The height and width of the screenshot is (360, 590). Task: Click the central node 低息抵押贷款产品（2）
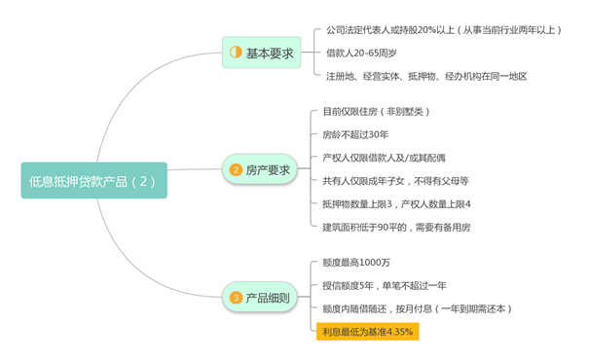pyautogui.click(x=92, y=180)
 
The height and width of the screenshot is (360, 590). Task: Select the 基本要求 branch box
pyautogui.click(x=261, y=53)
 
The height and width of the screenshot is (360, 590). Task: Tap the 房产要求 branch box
pyautogui.click(x=261, y=170)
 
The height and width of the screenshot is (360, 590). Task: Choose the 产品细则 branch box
pyautogui.click(x=260, y=298)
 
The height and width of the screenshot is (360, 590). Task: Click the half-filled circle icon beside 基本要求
pyautogui.click(x=236, y=53)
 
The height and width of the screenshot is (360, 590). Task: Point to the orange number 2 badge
pyautogui.click(x=236, y=170)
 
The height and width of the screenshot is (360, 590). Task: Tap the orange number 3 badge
pyautogui.click(x=236, y=298)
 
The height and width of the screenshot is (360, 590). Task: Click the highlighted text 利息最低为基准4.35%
pyautogui.click(x=368, y=332)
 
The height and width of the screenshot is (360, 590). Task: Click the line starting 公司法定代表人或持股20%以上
pyautogui.click(x=443, y=30)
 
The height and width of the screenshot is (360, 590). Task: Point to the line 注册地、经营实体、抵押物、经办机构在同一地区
pyautogui.click(x=425, y=75)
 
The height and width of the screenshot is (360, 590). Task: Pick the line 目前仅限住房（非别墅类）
pyautogui.click(x=375, y=111)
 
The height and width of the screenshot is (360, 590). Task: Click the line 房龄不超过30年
pyautogui.click(x=355, y=134)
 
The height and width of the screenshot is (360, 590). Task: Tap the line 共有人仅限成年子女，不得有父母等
pyautogui.click(x=395, y=180)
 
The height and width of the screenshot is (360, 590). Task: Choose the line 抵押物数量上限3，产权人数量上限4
pyautogui.click(x=396, y=203)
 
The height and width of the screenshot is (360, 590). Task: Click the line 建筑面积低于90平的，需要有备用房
pyautogui.click(x=396, y=227)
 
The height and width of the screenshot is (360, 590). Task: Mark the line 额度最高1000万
pyautogui.click(x=356, y=263)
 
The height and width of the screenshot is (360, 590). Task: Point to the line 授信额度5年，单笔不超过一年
pyautogui.click(x=385, y=286)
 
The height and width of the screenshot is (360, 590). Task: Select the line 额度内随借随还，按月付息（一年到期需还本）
pyautogui.click(x=417, y=308)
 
